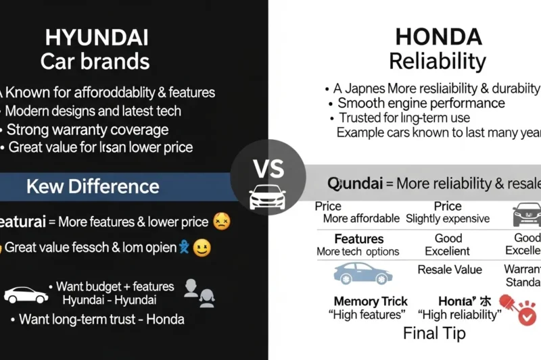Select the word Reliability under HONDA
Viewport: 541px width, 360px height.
point(438,61)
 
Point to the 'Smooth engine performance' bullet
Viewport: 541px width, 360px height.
point(421,103)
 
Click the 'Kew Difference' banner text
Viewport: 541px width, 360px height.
point(93,186)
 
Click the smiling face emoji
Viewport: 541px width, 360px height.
point(202,249)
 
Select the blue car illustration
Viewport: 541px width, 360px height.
point(362,273)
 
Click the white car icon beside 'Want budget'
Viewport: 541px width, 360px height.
point(26,295)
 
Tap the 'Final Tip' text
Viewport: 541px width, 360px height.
point(433,333)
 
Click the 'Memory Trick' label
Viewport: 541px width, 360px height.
point(371,301)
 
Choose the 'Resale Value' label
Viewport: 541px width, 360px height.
point(450,270)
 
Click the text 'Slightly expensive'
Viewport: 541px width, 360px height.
point(447,219)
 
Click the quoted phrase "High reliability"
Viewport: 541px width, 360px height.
point(461,315)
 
